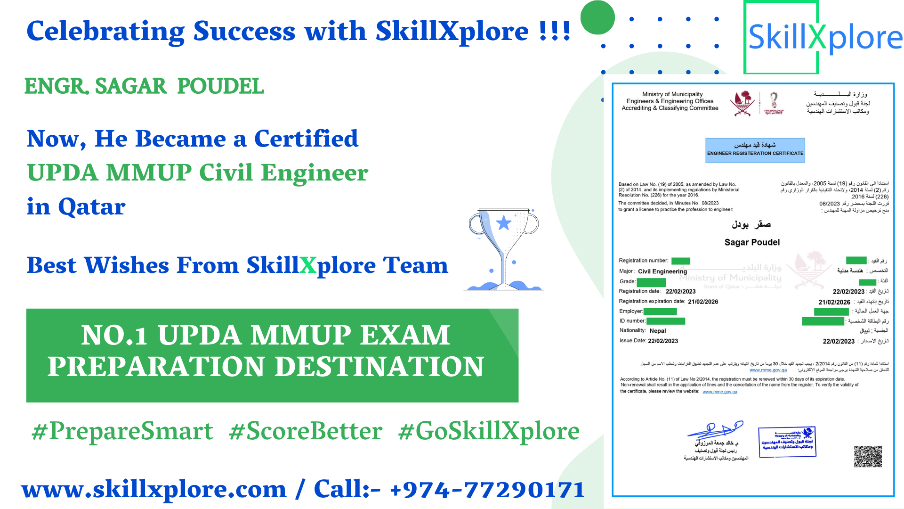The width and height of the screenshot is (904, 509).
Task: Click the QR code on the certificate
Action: (x=868, y=456)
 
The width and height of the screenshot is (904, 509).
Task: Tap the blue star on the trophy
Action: (x=504, y=223)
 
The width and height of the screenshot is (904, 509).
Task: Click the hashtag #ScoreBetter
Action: (x=306, y=431)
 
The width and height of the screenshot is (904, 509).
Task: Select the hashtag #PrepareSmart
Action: (x=122, y=431)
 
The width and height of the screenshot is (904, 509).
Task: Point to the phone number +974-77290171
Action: (x=487, y=489)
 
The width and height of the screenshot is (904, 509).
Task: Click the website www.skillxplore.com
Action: (x=154, y=489)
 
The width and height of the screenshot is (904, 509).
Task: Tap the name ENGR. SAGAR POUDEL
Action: (x=144, y=86)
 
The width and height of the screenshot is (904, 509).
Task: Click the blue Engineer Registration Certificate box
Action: (x=755, y=150)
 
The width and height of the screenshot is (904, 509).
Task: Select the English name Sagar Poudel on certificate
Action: (x=752, y=242)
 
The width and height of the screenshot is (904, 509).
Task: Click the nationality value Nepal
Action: (x=658, y=331)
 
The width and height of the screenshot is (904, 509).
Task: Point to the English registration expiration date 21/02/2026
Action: (x=703, y=302)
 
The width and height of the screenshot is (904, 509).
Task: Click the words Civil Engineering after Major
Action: (x=662, y=271)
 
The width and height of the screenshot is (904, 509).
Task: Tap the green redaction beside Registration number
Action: (x=680, y=261)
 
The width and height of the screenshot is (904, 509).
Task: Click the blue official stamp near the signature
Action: (x=787, y=442)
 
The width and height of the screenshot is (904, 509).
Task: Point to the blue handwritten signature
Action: (x=715, y=429)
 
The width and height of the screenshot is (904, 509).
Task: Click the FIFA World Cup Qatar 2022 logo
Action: (x=774, y=103)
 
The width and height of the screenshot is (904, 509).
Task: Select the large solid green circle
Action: (x=597, y=17)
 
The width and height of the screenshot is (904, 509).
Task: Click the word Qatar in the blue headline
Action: (x=91, y=206)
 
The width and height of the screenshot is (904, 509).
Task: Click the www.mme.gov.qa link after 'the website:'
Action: (x=720, y=392)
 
